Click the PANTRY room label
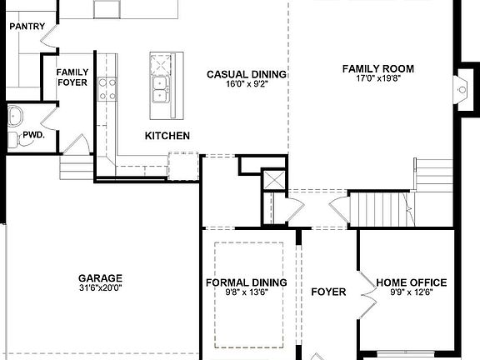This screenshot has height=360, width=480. point(27,27)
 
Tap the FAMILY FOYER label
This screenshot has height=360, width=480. point(72,77)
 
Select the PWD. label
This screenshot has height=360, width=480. point(33,133)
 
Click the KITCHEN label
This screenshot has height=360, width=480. point(167,136)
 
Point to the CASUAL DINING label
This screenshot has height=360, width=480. point(247,74)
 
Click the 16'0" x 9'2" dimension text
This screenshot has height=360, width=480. point(247,84)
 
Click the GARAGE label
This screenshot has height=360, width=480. point(100,278)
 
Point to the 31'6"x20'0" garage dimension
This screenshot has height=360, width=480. point(100,288)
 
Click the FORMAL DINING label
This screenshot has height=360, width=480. point(247,282)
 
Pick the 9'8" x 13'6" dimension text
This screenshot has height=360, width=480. point(247,292)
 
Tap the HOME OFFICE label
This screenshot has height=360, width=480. point(412,282)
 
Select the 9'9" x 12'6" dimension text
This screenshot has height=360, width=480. point(412,292)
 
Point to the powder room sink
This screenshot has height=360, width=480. point(14,115)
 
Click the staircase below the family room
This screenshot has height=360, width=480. point(382,208)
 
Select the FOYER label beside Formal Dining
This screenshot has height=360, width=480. point(328,292)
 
